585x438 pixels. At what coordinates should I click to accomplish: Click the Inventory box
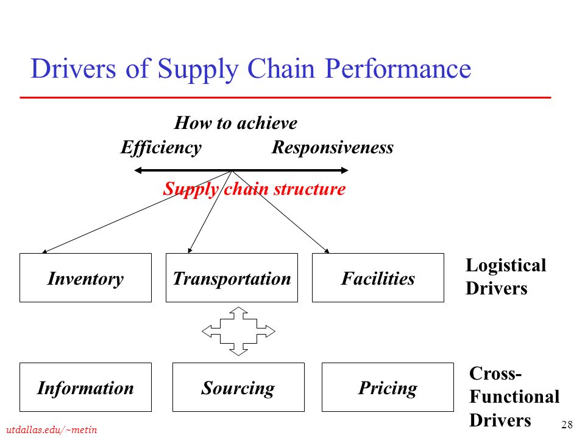coord(85,277)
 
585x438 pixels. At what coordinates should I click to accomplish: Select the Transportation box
coord(232,277)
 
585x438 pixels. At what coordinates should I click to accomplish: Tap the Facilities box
coord(378,277)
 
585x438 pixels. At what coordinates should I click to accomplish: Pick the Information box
coord(85,387)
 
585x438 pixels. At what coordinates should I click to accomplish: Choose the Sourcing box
coord(238,387)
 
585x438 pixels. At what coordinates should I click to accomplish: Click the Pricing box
coord(388,387)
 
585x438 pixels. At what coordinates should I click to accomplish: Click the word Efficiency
coord(161,148)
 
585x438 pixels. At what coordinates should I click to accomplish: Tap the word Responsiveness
coord(333,147)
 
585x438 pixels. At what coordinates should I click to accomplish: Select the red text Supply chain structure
coord(254,189)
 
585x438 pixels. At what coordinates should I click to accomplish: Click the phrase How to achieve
coord(235,123)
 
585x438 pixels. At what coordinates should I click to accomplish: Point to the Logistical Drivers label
coord(506,277)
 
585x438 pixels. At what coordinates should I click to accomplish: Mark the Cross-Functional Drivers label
coord(514,397)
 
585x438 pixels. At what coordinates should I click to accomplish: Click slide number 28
coord(567,424)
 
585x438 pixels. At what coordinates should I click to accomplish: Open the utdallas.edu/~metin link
coord(51,430)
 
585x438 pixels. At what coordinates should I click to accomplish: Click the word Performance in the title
coord(398,69)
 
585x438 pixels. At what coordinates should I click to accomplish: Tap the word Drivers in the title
coord(73,69)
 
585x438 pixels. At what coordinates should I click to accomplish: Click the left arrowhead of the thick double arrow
coord(138,170)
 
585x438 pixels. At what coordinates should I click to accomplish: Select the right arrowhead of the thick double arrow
coord(344,170)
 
